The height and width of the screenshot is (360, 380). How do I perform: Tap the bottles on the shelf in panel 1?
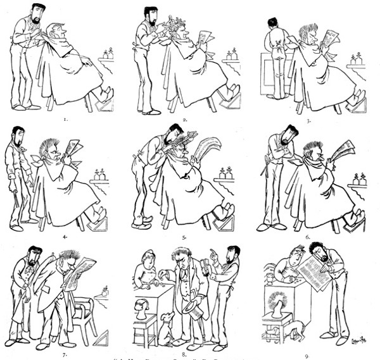108,54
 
